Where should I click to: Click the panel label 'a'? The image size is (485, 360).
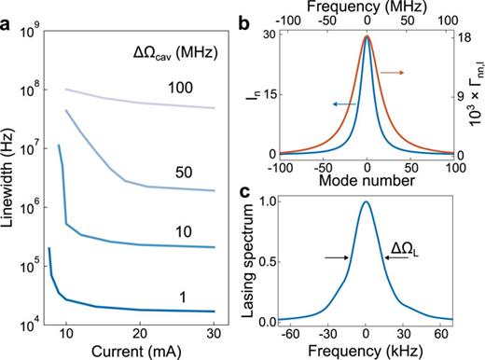8,11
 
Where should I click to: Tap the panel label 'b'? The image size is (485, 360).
244,11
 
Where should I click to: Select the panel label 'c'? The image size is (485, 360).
244,193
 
